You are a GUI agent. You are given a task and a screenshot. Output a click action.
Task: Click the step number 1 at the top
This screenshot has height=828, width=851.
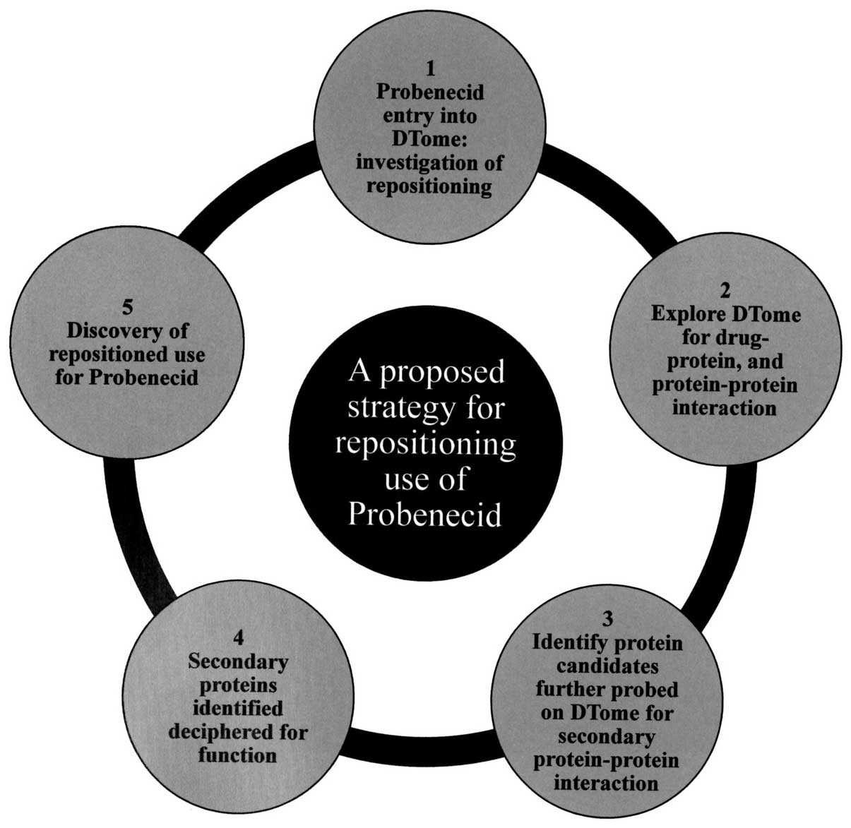click(x=430, y=68)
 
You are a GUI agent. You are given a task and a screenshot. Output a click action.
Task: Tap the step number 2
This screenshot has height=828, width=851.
click(x=725, y=290)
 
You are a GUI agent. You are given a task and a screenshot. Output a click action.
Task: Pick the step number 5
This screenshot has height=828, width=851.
click(x=127, y=308)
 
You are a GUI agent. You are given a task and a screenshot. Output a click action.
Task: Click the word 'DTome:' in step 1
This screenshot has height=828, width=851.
click(x=430, y=139)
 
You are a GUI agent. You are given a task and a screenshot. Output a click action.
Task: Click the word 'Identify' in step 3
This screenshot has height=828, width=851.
click(x=566, y=643)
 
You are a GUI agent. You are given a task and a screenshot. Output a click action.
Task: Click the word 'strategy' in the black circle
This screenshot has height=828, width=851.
click(x=395, y=407)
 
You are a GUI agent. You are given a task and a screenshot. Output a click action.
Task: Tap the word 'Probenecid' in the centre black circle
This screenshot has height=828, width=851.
click(x=425, y=515)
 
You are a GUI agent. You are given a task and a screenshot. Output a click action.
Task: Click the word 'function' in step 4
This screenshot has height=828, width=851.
click(x=237, y=755)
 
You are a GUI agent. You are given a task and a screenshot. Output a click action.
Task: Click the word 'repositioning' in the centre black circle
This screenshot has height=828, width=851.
click(x=425, y=444)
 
